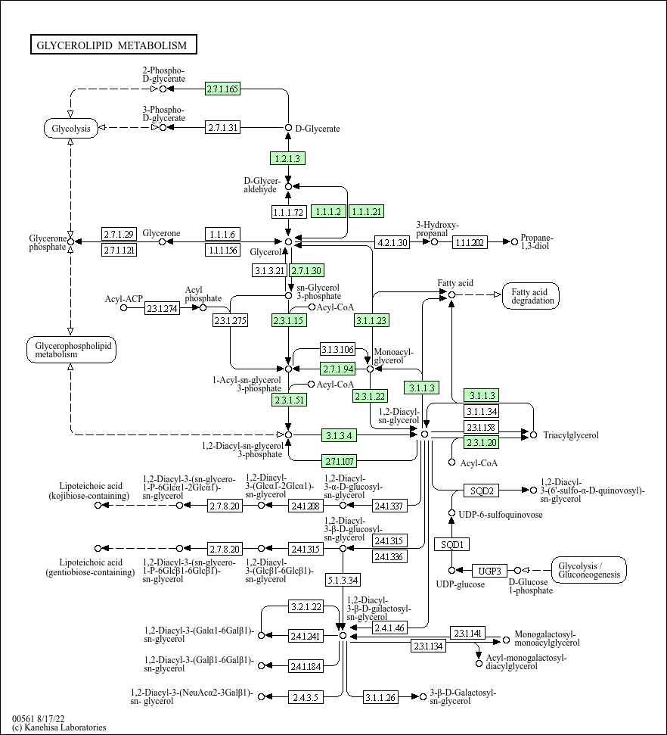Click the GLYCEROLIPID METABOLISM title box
coord(113,45)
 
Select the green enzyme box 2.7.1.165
coord(222,89)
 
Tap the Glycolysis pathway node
coord(71,128)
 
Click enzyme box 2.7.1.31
coord(222,127)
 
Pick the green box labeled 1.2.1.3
coord(287,158)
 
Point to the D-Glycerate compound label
coord(318,129)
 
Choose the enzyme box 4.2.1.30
coord(392,242)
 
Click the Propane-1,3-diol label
coord(537,241)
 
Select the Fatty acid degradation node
coord(531,296)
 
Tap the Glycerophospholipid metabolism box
coord(71,349)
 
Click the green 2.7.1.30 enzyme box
coord(306,270)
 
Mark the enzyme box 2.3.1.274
coord(162,308)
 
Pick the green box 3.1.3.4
coord(339,435)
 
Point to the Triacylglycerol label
coord(571,435)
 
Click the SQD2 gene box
coord(482,491)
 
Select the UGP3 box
coord(489,571)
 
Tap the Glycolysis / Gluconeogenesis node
coord(589,570)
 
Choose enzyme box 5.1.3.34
coord(343,580)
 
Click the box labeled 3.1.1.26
coord(380,697)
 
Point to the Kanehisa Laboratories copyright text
coord(59,727)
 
